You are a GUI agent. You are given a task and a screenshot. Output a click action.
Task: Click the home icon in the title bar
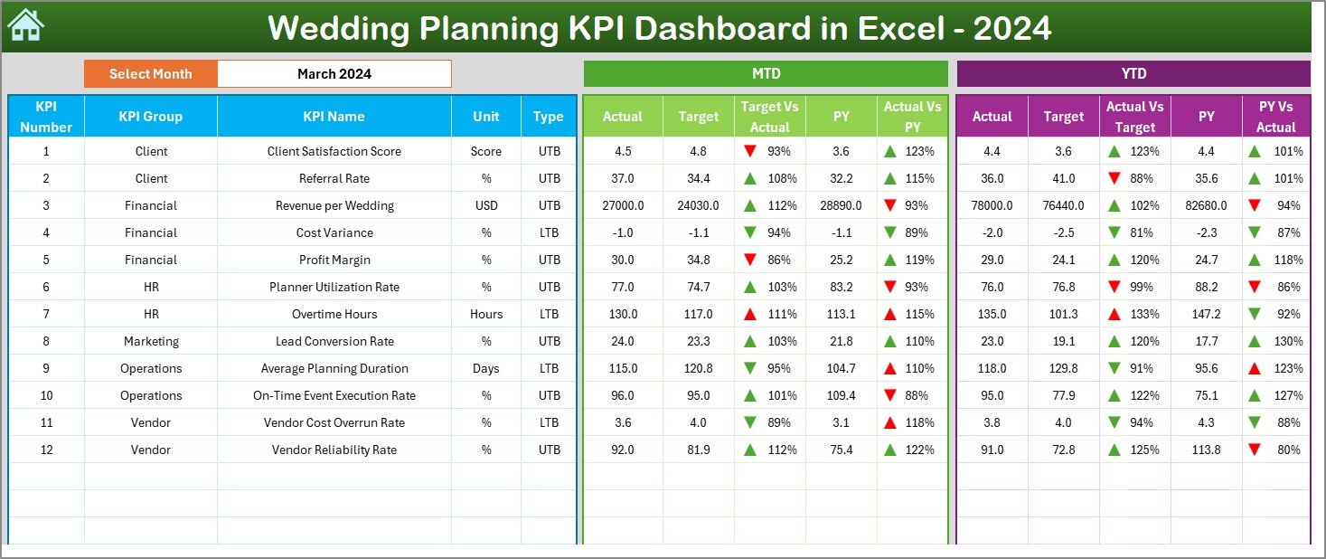tap(25, 26)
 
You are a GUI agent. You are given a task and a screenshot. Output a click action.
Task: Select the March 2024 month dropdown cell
tap(334, 74)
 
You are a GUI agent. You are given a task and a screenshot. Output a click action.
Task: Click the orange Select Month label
tap(150, 74)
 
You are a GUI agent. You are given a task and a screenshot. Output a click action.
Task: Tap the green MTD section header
tap(765, 74)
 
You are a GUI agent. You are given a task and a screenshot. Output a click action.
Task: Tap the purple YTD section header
tap(1133, 74)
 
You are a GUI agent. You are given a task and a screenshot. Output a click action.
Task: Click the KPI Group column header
tap(150, 117)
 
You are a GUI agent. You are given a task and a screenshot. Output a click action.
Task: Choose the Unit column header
tap(485, 117)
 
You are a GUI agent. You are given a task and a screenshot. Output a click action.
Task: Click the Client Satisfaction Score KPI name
tap(334, 151)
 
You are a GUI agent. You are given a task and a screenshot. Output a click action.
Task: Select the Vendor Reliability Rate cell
tap(334, 450)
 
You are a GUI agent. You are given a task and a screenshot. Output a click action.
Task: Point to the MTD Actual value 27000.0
tap(623, 205)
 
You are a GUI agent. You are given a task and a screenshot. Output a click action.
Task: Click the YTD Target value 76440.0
tap(1063, 205)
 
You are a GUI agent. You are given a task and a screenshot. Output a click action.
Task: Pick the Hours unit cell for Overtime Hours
tap(485, 314)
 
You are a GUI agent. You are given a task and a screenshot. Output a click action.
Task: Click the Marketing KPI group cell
tap(150, 341)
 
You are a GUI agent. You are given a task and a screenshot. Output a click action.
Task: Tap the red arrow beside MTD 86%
tap(749, 260)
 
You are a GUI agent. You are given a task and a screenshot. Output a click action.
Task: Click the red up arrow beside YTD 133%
tap(1114, 314)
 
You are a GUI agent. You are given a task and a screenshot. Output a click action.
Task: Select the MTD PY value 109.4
tap(841, 395)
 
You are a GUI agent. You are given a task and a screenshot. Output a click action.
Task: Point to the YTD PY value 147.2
tap(1206, 314)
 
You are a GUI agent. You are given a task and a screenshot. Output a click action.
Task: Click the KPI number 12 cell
tap(46, 450)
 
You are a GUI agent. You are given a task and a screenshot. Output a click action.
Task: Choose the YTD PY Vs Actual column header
tap(1275, 117)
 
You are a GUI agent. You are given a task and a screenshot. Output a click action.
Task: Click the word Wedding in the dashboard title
tap(335, 29)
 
